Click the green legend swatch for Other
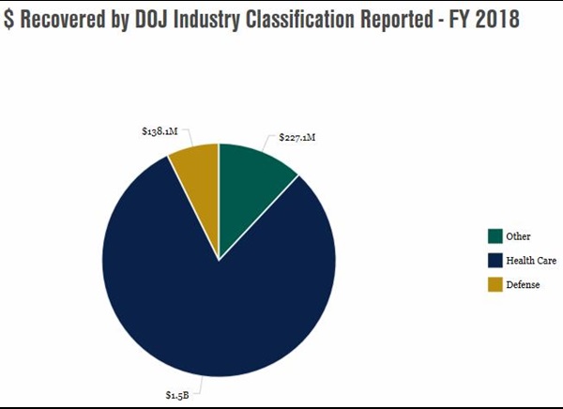(495, 236)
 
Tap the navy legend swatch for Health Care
(495, 261)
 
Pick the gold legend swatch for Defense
(495, 285)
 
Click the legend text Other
(518, 236)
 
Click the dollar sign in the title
(8, 20)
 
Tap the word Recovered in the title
(63, 20)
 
